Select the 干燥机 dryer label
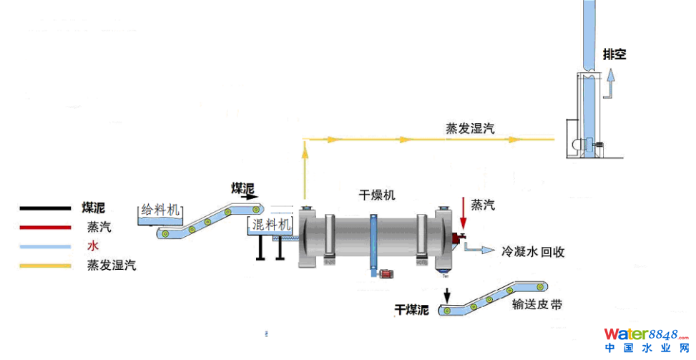(x=377, y=194)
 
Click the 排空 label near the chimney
(x=614, y=54)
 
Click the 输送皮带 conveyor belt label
(x=536, y=305)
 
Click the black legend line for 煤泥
(x=45, y=209)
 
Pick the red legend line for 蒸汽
(x=45, y=228)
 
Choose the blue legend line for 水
(x=45, y=247)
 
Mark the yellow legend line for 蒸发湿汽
(x=45, y=266)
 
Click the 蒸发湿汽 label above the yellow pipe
(x=470, y=128)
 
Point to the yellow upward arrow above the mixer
(x=305, y=150)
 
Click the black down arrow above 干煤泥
(x=448, y=293)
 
